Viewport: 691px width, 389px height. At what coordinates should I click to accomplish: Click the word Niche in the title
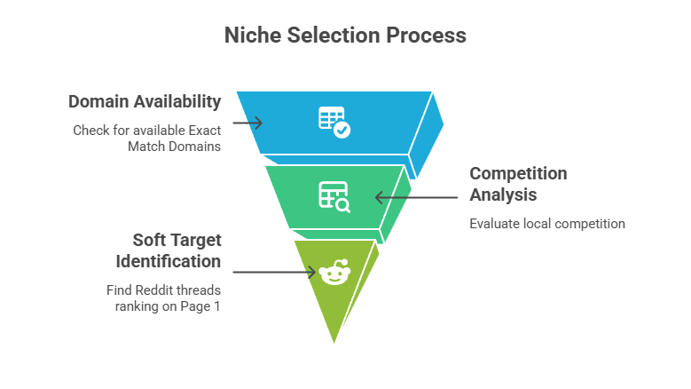pos(251,36)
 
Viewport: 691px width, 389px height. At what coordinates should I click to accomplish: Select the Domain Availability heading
pos(145,101)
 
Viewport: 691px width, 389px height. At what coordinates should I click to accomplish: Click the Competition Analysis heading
pos(518,183)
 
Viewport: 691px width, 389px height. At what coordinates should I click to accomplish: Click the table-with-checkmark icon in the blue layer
pos(334,121)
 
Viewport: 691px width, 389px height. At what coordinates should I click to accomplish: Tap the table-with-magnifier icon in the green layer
pos(334,195)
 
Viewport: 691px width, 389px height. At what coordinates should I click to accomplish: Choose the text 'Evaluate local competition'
pos(546,224)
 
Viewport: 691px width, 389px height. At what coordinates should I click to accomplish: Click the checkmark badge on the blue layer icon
pos(342,130)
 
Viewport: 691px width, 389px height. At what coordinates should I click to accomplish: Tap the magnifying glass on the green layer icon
pos(342,204)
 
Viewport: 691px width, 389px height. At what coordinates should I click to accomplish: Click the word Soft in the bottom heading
pos(151,241)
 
